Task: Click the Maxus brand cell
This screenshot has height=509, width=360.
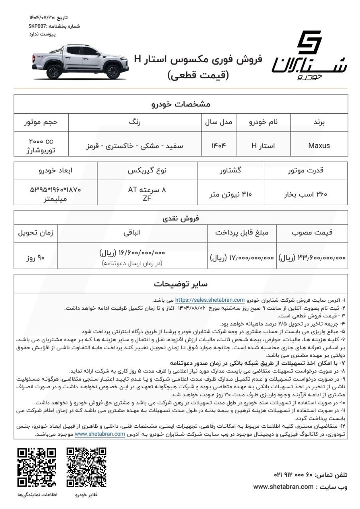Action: (319, 145)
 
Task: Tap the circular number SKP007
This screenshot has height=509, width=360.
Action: (36, 26)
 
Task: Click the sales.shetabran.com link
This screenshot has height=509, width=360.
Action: (210, 300)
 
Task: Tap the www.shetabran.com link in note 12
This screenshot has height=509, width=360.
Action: (100, 434)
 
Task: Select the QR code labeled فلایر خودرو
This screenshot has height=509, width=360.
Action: (87, 467)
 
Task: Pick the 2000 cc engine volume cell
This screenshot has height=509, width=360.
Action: (41, 145)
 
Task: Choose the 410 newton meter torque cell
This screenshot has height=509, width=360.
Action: (231, 194)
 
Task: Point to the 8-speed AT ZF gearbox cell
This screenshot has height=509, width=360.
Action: (147, 194)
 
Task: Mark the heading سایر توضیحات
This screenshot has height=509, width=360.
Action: (181, 284)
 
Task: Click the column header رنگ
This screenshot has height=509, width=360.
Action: (134, 123)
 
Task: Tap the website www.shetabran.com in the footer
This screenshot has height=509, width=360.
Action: (283, 487)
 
